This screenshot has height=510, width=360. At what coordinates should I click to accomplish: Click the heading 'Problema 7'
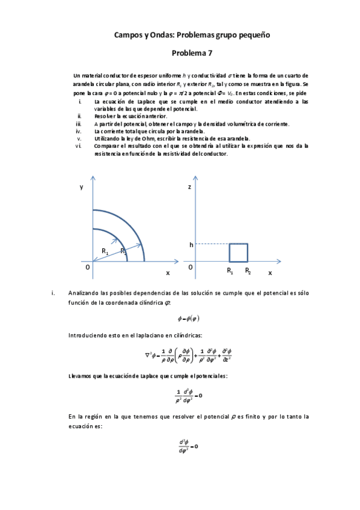pos(192,53)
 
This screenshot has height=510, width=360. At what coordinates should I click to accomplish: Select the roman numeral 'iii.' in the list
pos(78,124)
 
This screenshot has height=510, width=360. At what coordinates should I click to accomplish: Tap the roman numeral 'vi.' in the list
pos(78,146)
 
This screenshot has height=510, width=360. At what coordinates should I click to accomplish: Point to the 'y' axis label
pos(81,188)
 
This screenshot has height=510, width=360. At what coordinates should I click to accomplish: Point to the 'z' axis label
pos(189,188)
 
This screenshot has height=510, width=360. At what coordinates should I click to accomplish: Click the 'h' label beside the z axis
pos(191,245)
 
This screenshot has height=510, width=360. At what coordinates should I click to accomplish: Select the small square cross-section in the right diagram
pos(238,253)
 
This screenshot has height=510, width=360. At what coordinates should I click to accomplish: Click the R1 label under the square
pos(230,272)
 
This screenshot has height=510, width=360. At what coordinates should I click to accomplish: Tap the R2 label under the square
pos(248,272)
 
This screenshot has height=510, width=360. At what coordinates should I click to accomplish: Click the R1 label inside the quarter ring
pos(105,251)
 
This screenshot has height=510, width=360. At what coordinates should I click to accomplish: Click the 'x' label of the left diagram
pos(168,272)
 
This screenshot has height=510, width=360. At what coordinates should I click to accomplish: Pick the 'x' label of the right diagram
pos(270,272)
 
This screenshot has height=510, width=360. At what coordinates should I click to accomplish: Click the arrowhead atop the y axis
pos(93,178)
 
